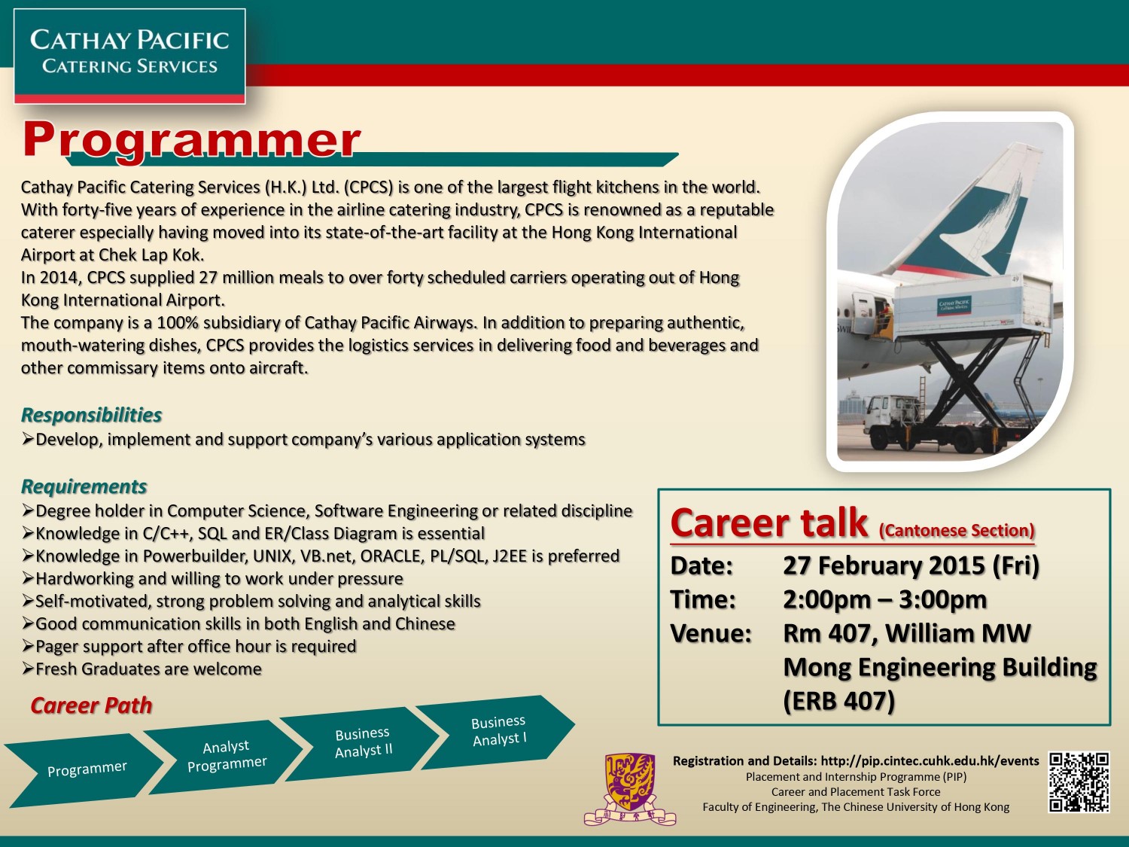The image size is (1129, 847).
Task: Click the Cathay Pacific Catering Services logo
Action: (129, 56)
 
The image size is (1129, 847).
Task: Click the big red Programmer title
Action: (191, 141)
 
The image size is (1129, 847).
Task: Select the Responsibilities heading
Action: (92, 415)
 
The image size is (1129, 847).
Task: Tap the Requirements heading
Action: (84, 486)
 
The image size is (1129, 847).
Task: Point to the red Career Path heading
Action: (92, 705)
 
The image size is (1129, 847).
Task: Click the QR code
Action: (1079, 782)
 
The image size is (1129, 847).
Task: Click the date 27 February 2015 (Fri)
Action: (911, 565)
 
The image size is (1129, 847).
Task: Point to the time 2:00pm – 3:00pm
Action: (884, 599)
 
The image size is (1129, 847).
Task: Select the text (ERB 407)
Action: (839, 701)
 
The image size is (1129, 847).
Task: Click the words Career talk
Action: (769, 523)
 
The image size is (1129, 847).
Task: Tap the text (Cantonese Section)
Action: (957, 531)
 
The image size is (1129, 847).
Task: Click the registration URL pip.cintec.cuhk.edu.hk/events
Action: (930, 760)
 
